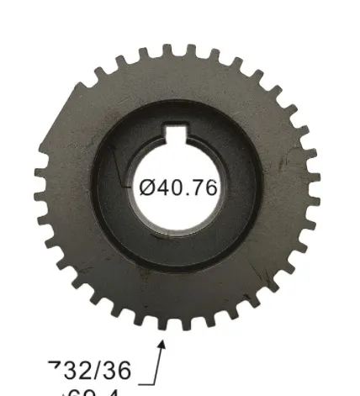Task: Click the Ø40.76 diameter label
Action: pyautogui.click(x=177, y=187)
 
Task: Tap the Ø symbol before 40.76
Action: pyautogui.click(x=146, y=187)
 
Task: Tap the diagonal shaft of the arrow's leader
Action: pyautogui.click(x=157, y=362)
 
